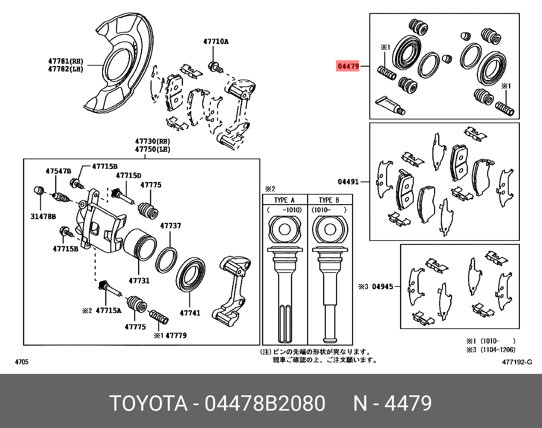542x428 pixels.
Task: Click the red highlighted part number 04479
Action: point(348,66)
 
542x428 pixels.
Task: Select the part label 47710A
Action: point(216,42)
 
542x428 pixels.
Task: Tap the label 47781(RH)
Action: point(66,61)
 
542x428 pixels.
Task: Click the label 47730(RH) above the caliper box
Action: point(152,141)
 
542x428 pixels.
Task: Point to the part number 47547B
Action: point(59,171)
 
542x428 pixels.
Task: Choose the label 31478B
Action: point(43,216)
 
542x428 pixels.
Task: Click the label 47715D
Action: point(128,176)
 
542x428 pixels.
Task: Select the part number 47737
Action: point(171,226)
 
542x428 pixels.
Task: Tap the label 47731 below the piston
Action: point(139,281)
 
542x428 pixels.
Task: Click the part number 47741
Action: point(190,313)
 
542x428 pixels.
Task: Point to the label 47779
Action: point(176,335)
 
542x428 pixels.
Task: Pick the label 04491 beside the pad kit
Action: point(348,182)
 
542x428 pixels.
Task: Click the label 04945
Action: point(382,286)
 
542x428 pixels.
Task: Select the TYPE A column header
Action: point(284,200)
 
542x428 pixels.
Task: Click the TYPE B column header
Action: point(329,200)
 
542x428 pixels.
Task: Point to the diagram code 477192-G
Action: point(516,362)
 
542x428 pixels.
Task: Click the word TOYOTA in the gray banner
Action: point(148,404)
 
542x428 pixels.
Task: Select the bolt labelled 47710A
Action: point(215,66)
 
